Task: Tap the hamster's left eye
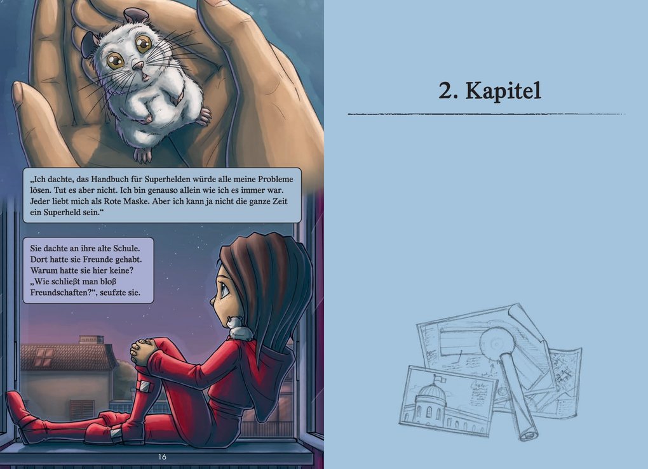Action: pyautogui.click(x=115, y=61)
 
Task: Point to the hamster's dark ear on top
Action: pyautogui.click(x=136, y=13)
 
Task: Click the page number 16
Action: pyautogui.click(x=162, y=457)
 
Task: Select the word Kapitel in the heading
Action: pyautogui.click(x=503, y=91)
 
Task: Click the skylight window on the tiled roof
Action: pyautogui.click(x=43, y=357)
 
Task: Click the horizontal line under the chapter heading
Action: pyautogui.click(x=486, y=114)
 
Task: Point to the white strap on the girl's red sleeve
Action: pyautogui.click(x=145, y=385)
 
